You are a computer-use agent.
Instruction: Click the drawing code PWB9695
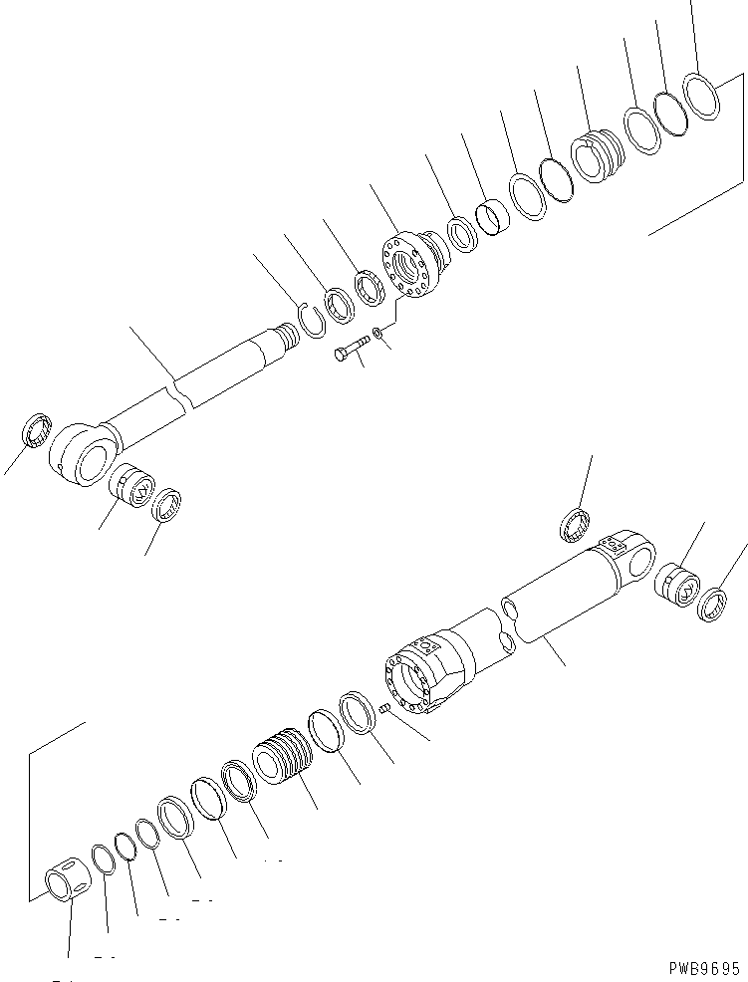[704, 966]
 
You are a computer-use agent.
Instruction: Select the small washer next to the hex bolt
[377, 332]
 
